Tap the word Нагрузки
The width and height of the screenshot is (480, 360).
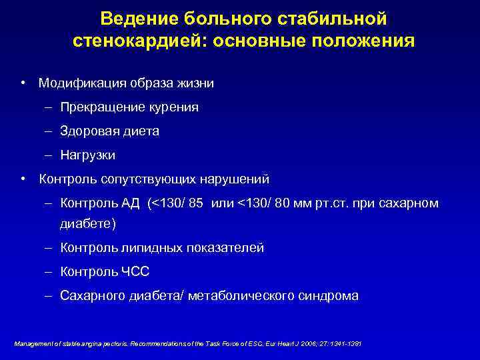[x=87, y=155]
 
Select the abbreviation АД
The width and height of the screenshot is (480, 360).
[x=131, y=203]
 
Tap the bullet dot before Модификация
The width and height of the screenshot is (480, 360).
[x=23, y=83]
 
